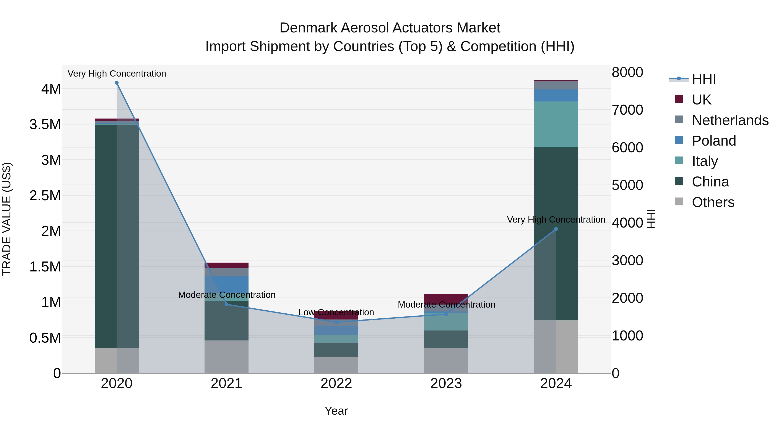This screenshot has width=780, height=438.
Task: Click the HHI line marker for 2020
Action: pos(117,83)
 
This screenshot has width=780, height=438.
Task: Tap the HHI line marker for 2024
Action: pos(556,229)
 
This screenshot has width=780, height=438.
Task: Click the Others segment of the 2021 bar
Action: pos(226,357)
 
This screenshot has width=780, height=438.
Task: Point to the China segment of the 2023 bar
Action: pos(446,339)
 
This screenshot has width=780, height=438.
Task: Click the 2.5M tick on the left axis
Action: pos(45,196)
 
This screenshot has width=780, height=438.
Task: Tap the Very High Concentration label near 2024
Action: pos(556,220)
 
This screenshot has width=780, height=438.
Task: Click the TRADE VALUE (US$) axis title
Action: pos(7,219)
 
